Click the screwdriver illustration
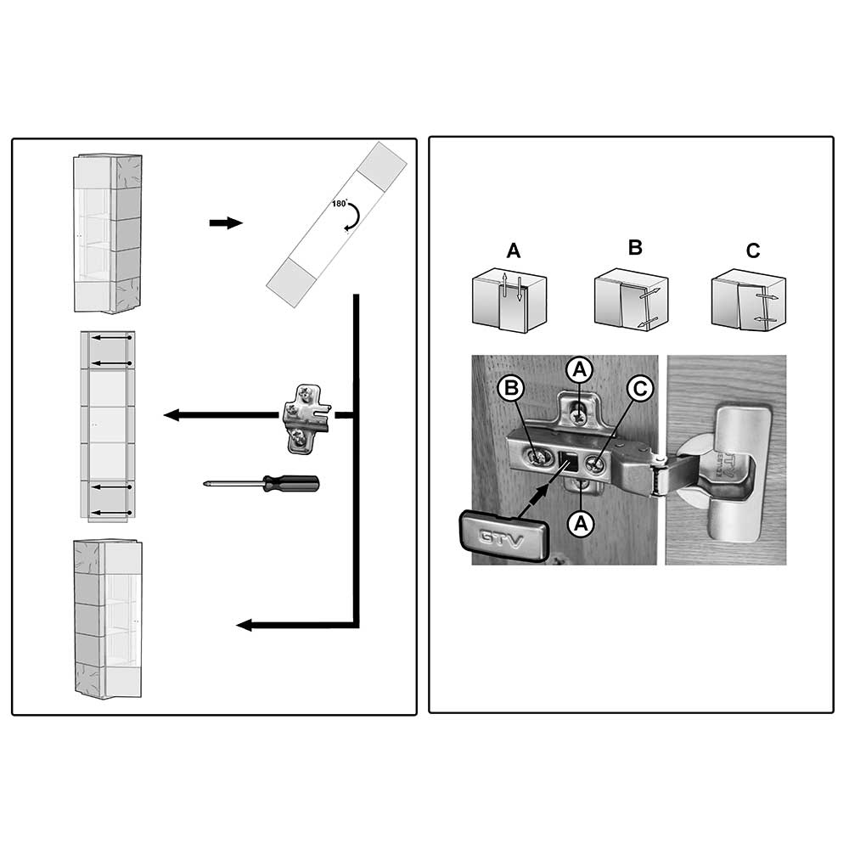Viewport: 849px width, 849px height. pos(261,484)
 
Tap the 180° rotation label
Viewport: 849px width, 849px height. pos(340,204)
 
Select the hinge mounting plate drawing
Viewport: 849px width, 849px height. pos(306,419)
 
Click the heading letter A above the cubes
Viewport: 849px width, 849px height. pos(514,250)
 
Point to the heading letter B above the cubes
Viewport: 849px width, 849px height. pos(635,247)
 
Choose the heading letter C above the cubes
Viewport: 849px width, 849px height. pos(752,250)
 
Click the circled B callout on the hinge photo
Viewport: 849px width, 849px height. pos(512,388)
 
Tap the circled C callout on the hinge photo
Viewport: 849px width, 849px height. pos(640,388)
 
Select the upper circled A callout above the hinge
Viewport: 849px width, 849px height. pos(580,370)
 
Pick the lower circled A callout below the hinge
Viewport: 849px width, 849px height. pos(581,524)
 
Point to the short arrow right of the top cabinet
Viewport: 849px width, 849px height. pos(226,222)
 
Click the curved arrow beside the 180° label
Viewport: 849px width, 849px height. pos(353,216)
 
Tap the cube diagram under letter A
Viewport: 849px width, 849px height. pos(509,300)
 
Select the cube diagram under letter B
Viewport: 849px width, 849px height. pos(632,300)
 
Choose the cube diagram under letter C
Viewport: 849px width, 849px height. pos(748,300)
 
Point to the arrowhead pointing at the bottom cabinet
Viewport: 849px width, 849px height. pos(245,625)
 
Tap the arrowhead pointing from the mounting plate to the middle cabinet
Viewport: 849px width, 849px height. pos(171,415)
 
